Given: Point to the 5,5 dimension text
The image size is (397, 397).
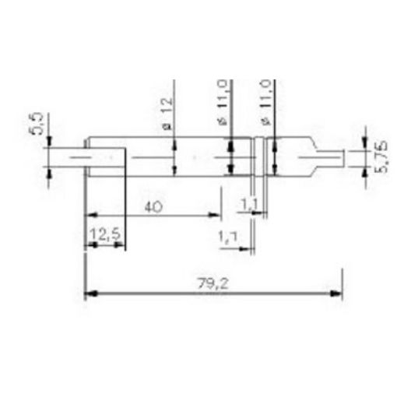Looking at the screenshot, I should tap(36, 125).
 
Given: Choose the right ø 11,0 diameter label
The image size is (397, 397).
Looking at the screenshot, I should tap(265, 101).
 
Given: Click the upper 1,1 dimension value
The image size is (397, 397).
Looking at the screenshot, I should tap(250, 204).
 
